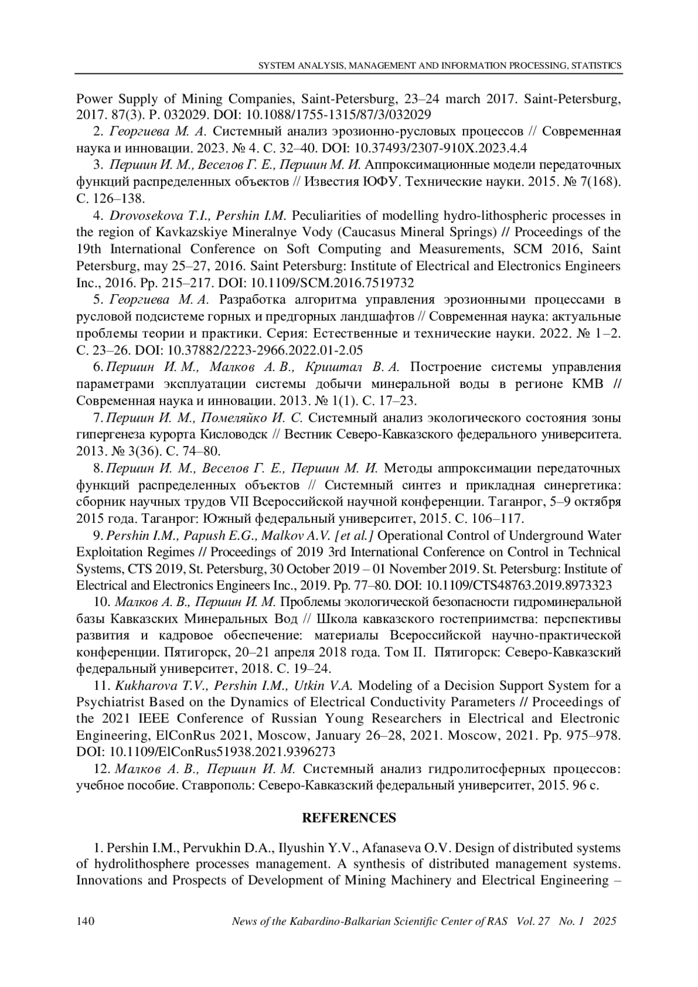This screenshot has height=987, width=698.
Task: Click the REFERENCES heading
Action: pyautogui.click(x=348, y=818)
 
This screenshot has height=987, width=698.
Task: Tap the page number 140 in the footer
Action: pyautogui.click(x=86, y=921)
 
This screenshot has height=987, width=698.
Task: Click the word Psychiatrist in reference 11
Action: pyautogui.click(x=111, y=702)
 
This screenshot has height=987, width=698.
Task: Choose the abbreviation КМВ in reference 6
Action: pyautogui.click(x=583, y=384)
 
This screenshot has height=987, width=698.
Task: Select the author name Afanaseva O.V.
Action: pyautogui.click(x=380, y=847)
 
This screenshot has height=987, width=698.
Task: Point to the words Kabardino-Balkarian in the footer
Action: pyautogui.click(x=338, y=921)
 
